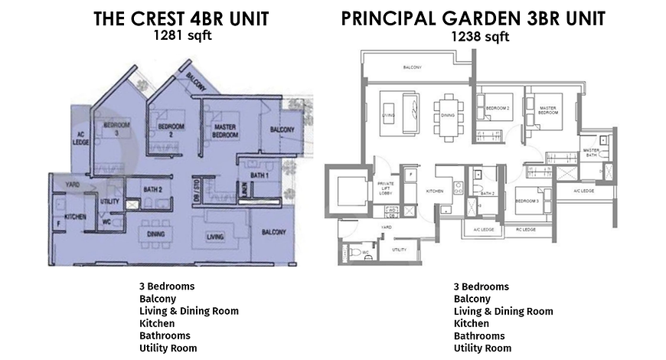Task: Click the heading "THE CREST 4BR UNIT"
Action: tap(181, 19)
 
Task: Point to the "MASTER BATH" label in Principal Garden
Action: tap(590, 152)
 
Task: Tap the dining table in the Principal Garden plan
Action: tap(448, 115)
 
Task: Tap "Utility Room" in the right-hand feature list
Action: tap(482, 348)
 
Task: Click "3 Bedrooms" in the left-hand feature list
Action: tap(167, 286)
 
